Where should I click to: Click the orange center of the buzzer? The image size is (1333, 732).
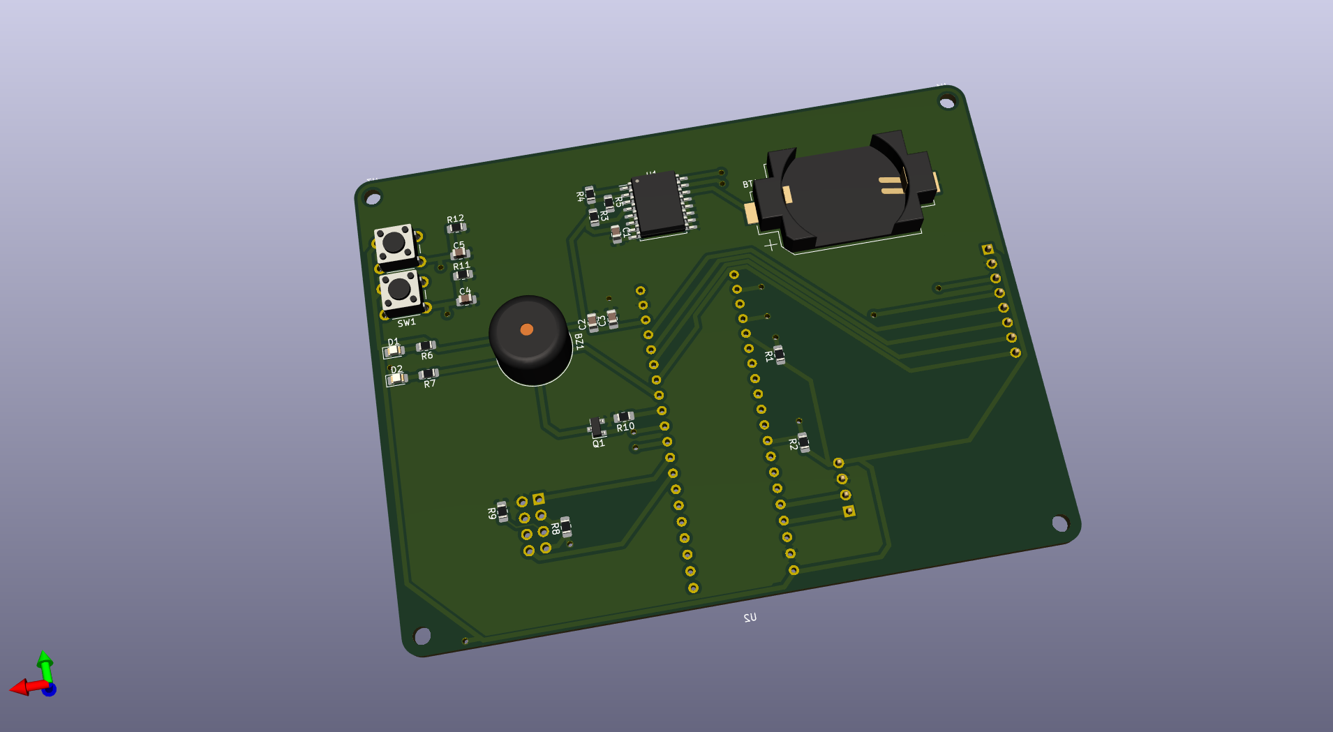click(x=527, y=329)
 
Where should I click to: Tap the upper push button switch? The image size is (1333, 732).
click(x=394, y=243)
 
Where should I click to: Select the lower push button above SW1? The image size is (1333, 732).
click(x=400, y=289)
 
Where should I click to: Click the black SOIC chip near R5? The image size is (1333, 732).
click(x=657, y=204)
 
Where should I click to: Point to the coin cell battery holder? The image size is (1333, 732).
click(x=844, y=192)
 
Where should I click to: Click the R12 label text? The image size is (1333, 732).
click(x=455, y=219)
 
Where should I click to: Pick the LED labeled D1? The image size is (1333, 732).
click(x=393, y=350)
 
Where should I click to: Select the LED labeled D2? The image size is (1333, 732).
click(x=396, y=379)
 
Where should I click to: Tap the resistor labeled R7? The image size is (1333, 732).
click(x=428, y=375)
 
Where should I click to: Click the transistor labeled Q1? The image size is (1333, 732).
click(x=597, y=426)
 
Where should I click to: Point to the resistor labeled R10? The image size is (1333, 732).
click(x=623, y=417)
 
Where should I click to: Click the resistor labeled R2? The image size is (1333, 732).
click(x=803, y=442)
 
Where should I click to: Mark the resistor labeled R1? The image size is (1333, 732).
click(x=779, y=354)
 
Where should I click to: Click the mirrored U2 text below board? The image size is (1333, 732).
click(x=750, y=618)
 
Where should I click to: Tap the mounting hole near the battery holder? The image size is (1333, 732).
click(x=946, y=103)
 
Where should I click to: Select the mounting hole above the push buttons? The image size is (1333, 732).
click(x=373, y=199)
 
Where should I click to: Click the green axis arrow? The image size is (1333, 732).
click(x=45, y=662)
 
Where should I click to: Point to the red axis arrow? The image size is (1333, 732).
click(x=22, y=688)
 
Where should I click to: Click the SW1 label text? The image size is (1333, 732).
click(x=406, y=322)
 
